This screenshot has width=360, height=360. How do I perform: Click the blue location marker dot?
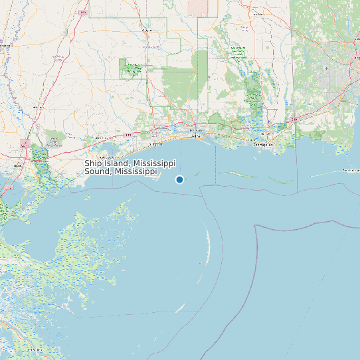pyautogui.click(x=179, y=179)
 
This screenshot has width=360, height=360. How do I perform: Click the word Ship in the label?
pyautogui.click(x=94, y=163)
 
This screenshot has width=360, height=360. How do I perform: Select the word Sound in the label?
pyautogui.click(x=98, y=171)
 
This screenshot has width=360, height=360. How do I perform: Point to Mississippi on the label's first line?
pyautogui.click(x=154, y=163)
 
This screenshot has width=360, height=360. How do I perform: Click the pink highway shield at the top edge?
pyautogui.click(x=82, y=12)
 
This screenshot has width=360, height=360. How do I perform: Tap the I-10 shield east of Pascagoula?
pyautogui.click(x=293, y=119)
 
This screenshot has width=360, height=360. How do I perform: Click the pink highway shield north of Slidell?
pyautogui.click(x=25, y=143)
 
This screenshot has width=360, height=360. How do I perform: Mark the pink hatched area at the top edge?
pyautogui.click(x=198, y=7)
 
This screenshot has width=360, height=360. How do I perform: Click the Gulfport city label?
pyautogui.click(x=154, y=143)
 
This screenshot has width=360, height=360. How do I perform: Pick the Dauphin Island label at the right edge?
pyautogui.click(x=350, y=171)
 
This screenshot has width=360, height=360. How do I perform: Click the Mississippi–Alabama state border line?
pyautogui.click(x=290, y=66)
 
